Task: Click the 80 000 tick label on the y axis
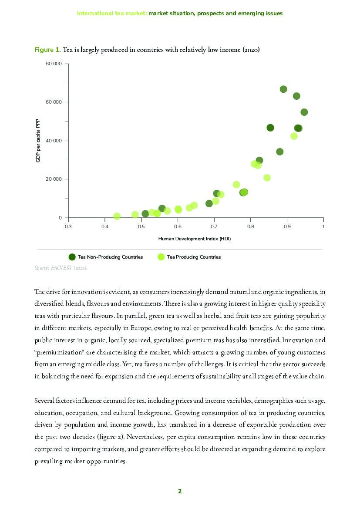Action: point(54,64)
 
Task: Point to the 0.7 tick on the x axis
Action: point(214,226)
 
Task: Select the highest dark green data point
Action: point(283,89)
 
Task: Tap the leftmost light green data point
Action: point(117,216)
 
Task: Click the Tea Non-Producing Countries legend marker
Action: point(72,257)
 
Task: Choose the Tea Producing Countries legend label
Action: point(194,257)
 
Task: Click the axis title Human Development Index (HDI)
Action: point(194,239)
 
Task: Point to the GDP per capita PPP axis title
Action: point(38,141)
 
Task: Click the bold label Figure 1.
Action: point(47,50)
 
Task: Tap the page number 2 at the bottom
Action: point(180,491)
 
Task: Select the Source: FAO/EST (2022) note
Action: point(61,267)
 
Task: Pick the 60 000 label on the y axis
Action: point(54,102)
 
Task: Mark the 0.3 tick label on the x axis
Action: point(68,226)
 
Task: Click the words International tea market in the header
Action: point(111,13)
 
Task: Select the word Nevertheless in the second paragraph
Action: point(175,437)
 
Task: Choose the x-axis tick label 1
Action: point(323,226)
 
